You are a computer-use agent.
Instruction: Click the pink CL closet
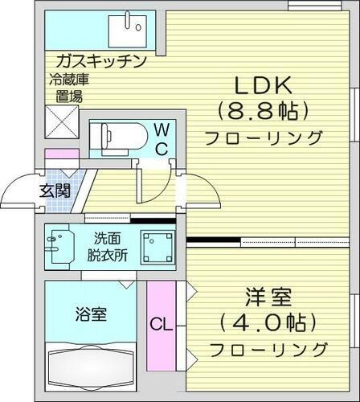[160, 325]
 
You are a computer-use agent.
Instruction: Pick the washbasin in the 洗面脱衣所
[59, 245]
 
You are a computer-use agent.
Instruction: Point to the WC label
[161, 139]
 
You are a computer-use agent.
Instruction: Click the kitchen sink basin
[129, 31]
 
